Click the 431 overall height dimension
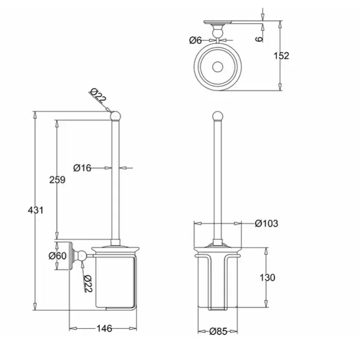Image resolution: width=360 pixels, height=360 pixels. pos(35,210)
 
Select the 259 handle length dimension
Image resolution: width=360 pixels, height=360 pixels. pos(58,180)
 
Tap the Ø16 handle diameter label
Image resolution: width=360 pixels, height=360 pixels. pos(82,168)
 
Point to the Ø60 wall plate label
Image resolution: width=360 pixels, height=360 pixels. pos(58,256)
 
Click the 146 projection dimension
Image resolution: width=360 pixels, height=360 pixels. pos(104,329)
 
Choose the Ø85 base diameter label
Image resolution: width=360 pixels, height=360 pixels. pos(218,331)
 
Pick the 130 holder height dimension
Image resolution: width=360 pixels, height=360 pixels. pos(267,278)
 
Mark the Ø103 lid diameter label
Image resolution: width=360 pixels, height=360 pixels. pos(266,223)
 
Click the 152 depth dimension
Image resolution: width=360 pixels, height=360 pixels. pos(281,56)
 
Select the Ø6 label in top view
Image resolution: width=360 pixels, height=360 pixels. pos(195,41)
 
